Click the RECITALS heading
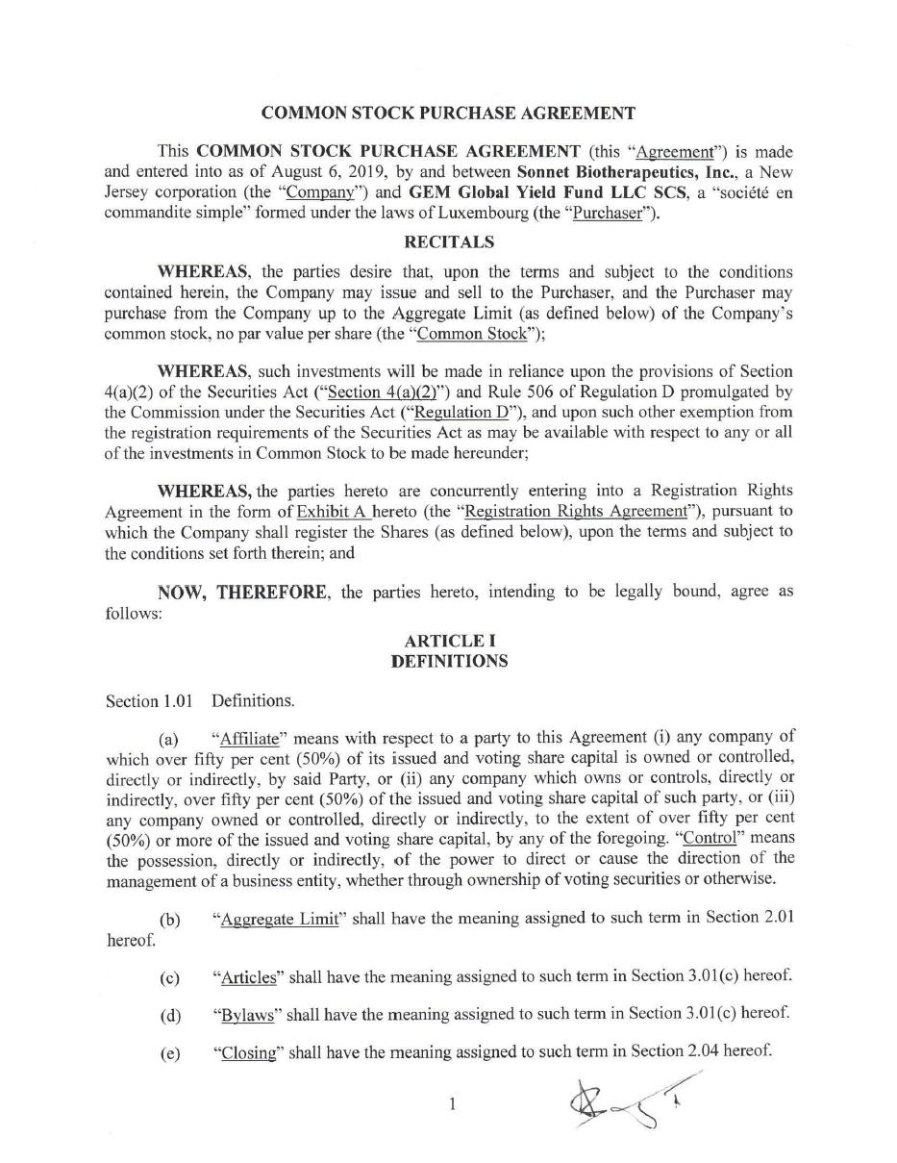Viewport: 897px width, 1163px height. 449,241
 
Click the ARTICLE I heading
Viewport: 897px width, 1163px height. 450,641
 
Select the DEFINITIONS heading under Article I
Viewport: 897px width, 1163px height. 449,661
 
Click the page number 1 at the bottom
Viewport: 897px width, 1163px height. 451,1104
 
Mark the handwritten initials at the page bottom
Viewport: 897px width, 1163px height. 626,1101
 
